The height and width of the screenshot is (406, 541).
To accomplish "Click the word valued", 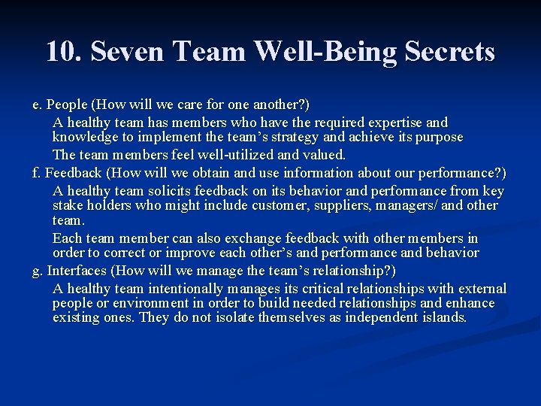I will point(323,155).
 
